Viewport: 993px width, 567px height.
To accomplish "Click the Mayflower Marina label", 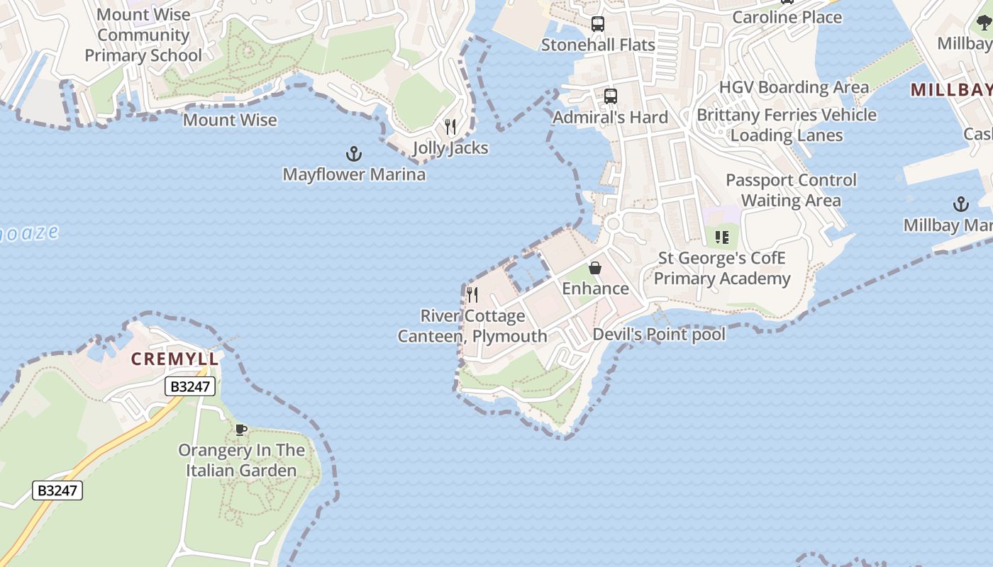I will (x=354, y=174).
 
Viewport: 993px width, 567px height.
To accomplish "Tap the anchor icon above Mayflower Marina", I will (x=353, y=154).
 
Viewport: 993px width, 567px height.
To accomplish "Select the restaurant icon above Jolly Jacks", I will (x=450, y=127).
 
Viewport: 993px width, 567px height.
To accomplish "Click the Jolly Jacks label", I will (x=450, y=148).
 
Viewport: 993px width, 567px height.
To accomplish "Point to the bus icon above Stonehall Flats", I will (x=598, y=25).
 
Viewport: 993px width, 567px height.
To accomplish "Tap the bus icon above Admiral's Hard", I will (x=610, y=96).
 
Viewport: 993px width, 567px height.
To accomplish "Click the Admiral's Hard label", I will (x=610, y=117).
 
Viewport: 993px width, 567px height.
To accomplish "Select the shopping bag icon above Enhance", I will (x=595, y=268).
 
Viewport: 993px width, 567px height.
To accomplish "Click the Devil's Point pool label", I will (x=659, y=335).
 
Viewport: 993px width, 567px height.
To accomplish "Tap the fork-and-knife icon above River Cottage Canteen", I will (x=472, y=294).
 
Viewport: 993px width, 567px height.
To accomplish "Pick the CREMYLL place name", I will (x=174, y=359).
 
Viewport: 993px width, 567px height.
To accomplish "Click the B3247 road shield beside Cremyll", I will (x=190, y=386).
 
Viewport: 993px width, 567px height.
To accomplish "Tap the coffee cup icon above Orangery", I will (x=241, y=430).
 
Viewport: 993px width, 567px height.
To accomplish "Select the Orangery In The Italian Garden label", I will (x=241, y=460).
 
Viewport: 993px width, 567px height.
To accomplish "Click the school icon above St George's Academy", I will (x=721, y=237).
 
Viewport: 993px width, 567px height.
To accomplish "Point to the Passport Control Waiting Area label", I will (x=791, y=190).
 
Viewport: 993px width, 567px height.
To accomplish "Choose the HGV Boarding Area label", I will (x=794, y=87).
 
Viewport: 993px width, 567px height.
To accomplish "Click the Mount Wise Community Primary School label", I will (x=143, y=35).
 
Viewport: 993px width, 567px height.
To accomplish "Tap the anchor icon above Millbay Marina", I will (x=960, y=205).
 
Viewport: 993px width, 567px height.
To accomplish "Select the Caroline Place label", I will (x=787, y=17).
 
